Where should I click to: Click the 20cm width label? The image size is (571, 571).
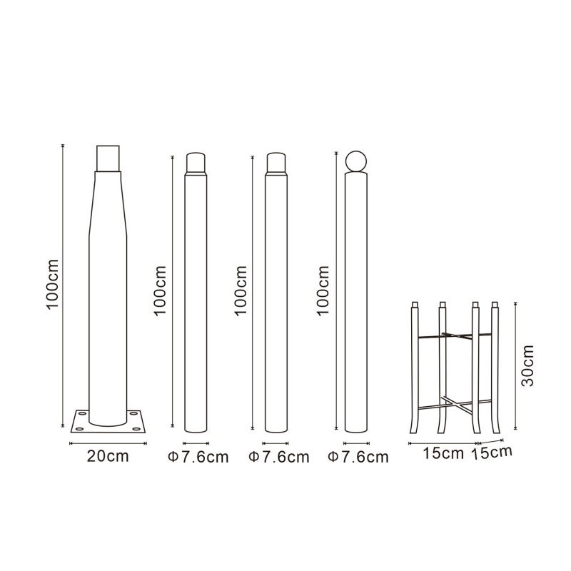point(108,456)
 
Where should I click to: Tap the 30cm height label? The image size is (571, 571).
point(527,365)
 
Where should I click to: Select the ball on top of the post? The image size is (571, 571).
point(355,161)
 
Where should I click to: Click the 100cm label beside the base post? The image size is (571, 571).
point(52,284)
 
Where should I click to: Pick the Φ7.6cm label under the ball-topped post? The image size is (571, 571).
point(358,458)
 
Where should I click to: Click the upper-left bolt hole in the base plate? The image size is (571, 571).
point(83,414)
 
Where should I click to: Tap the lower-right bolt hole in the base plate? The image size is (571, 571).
point(136,430)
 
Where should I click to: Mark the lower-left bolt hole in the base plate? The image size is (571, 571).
point(79,430)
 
